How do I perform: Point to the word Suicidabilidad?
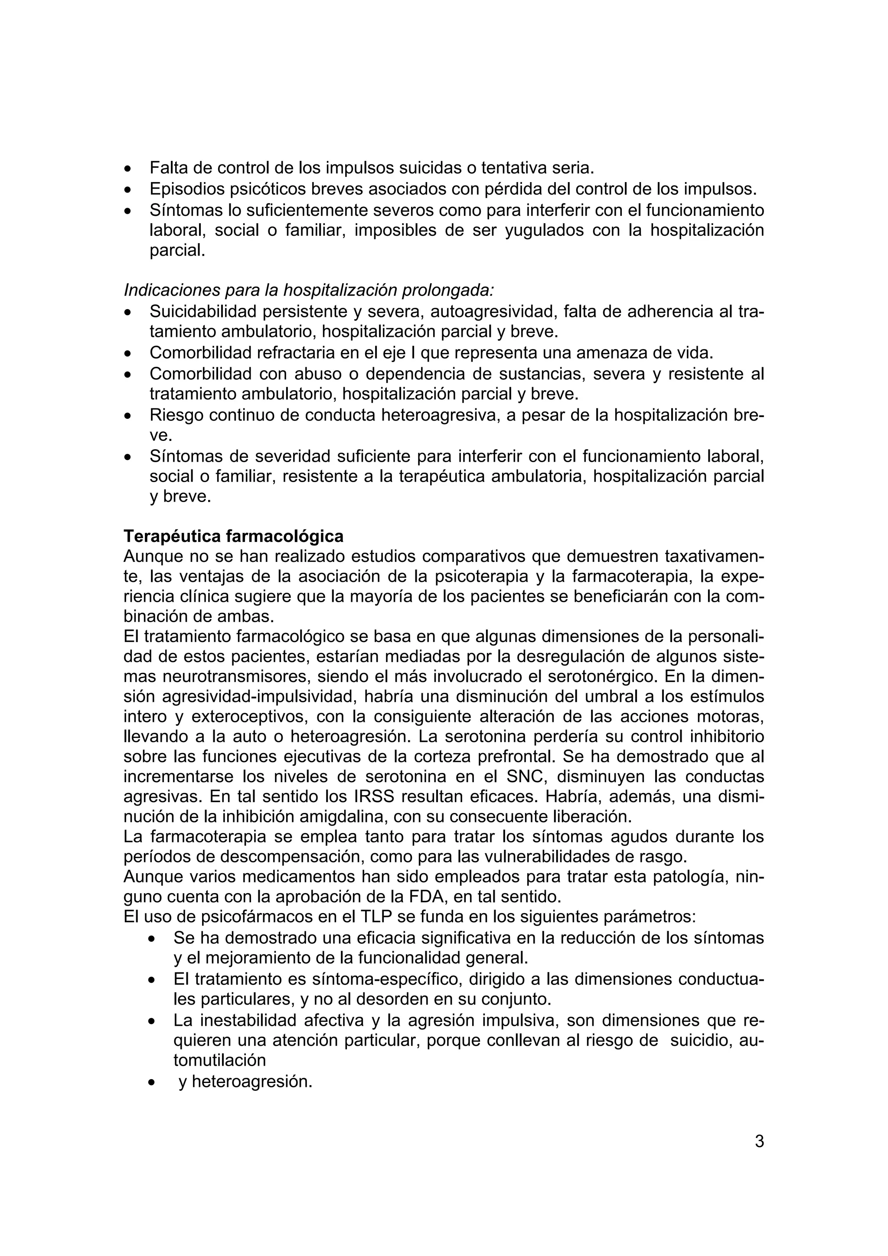pos(203,312)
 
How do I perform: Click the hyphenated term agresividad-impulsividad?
pos(262,697)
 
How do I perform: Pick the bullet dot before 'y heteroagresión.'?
pos(152,1083)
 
